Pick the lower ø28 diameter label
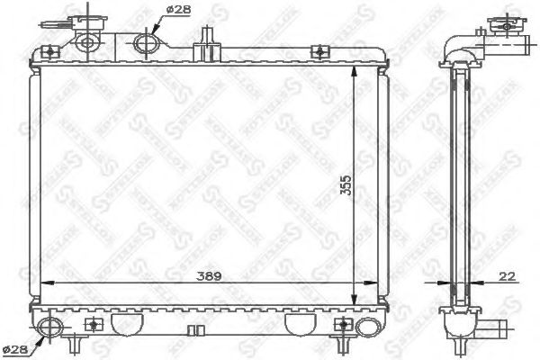coord(15,346)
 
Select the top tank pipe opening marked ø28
coord(144,43)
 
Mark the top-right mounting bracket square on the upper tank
coord(317,53)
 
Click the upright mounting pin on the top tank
coord(208,38)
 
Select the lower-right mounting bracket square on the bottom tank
coord(340,324)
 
